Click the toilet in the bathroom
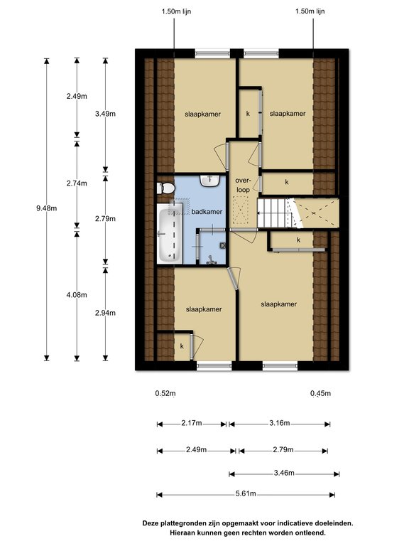click(x=166, y=188)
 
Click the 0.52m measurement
click(x=165, y=393)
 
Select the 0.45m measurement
click(x=320, y=393)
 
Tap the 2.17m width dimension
click(x=191, y=424)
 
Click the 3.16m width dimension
click(x=280, y=424)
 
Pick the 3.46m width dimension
click(x=285, y=472)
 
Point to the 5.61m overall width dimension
click(x=246, y=494)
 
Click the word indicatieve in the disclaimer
click(x=273, y=523)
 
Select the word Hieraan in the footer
click(x=183, y=532)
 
